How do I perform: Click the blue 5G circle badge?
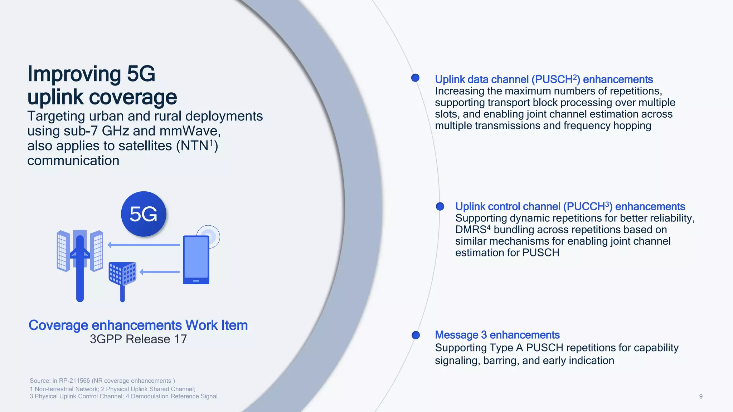[x=144, y=214]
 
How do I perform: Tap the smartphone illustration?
[x=196, y=260]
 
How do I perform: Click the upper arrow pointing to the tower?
[x=144, y=245]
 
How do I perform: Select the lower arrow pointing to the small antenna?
[x=160, y=272]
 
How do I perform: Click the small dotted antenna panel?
[x=122, y=274]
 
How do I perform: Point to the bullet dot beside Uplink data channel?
[x=415, y=78]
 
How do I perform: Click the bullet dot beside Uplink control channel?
[x=440, y=206]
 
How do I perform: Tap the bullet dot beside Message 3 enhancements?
[x=416, y=335]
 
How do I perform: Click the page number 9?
[x=700, y=396]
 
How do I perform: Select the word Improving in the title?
[x=74, y=74]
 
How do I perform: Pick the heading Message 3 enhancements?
[x=497, y=335]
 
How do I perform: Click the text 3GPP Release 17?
[x=138, y=339]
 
